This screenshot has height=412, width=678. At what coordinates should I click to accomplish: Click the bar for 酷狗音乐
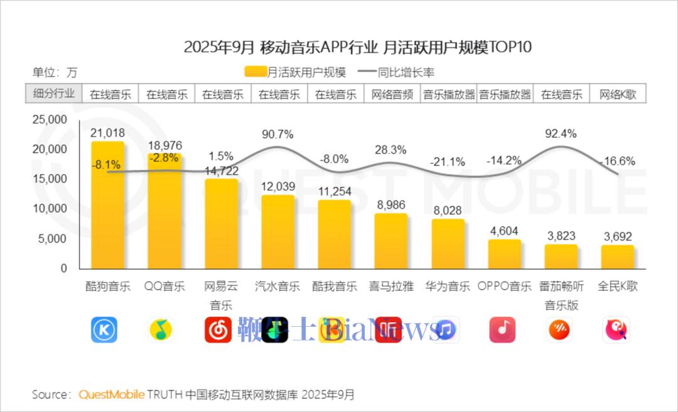108,207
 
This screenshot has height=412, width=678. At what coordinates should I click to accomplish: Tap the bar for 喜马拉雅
391,241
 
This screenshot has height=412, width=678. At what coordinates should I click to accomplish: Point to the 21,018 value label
108,133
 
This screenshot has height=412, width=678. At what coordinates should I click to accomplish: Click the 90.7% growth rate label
277,134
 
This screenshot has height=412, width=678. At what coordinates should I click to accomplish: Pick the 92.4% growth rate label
561,133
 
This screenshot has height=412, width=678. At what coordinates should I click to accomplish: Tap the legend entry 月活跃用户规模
295,72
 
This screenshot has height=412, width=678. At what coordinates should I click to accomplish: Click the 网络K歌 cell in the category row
618,95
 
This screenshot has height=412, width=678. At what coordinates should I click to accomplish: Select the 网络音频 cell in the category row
392,95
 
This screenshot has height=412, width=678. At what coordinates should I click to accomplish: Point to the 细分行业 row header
54,94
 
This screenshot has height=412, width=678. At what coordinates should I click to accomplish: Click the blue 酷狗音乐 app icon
104,330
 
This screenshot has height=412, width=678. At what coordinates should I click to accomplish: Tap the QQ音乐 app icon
161,330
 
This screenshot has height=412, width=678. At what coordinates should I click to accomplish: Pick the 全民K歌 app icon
616,330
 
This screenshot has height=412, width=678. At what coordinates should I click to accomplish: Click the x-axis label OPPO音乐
504,287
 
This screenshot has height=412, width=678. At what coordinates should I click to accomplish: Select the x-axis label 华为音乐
448,287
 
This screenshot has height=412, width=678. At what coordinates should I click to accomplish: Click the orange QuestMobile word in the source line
111,394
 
